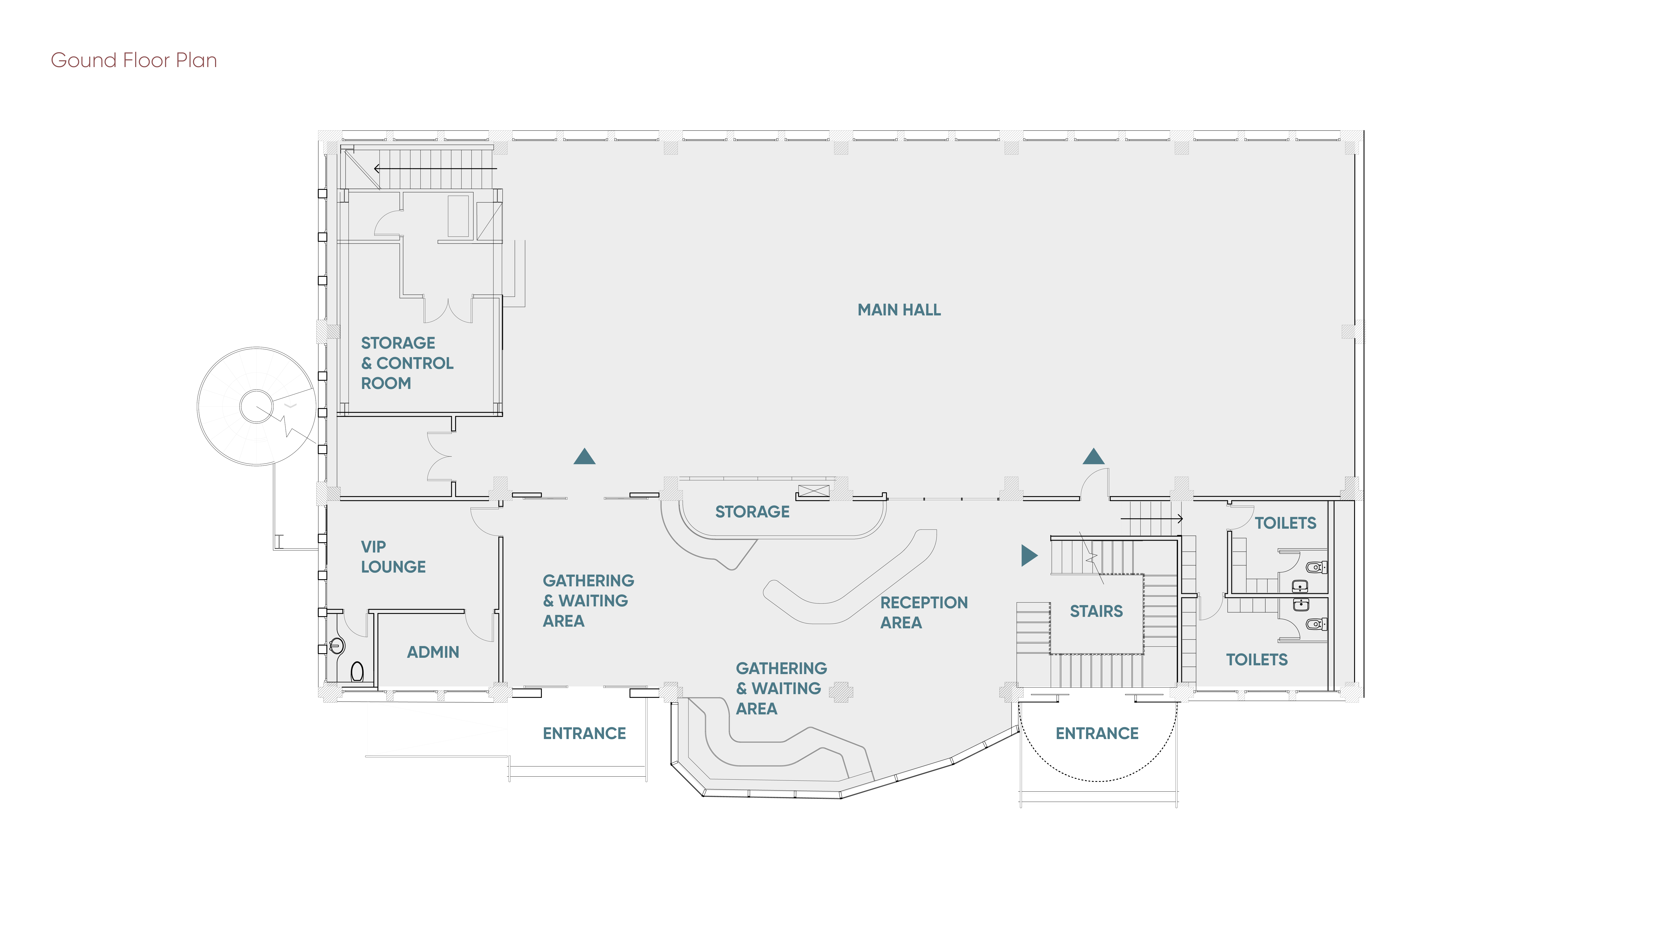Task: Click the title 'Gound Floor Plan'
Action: pos(134,60)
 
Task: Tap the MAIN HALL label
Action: pos(899,310)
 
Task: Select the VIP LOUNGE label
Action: pos(393,557)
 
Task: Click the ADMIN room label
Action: pos(433,652)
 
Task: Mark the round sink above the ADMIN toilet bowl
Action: pos(336,645)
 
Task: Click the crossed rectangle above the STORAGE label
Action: pos(813,491)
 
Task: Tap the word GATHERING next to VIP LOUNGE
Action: pos(588,581)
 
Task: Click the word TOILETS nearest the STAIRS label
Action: pos(1257,660)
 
